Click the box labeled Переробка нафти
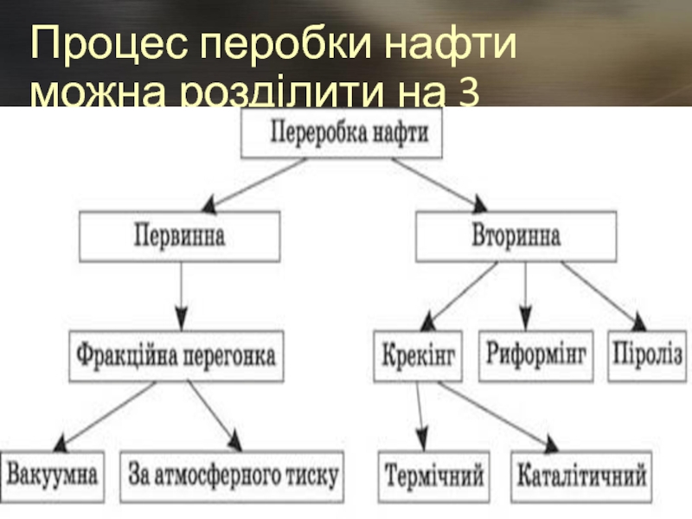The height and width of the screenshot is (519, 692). [343, 136]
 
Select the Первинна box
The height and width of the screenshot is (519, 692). [180, 237]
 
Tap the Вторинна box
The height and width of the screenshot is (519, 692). [516, 237]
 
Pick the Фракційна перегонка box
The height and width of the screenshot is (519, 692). [177, 355]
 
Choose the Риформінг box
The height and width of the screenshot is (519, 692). [536, 355]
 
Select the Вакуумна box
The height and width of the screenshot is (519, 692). [52, 475]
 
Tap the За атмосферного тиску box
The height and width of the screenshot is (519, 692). [234, 475]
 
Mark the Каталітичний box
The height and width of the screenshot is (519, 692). [581, 475]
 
